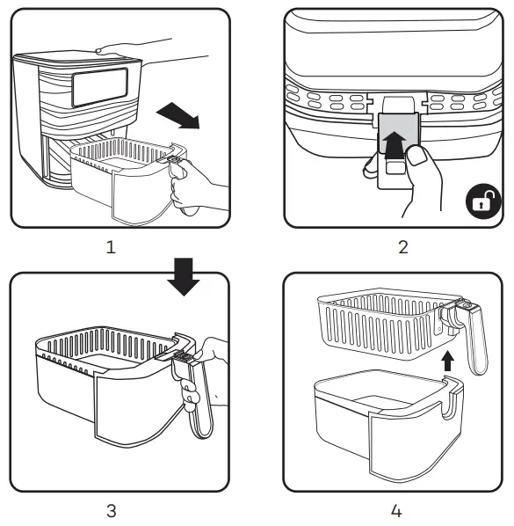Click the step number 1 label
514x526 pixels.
(111, 247)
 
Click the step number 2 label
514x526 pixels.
(402, 247)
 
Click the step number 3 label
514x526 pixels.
(111, 509)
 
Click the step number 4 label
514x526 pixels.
(402, 509)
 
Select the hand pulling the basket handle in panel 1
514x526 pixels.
(198, 189)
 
